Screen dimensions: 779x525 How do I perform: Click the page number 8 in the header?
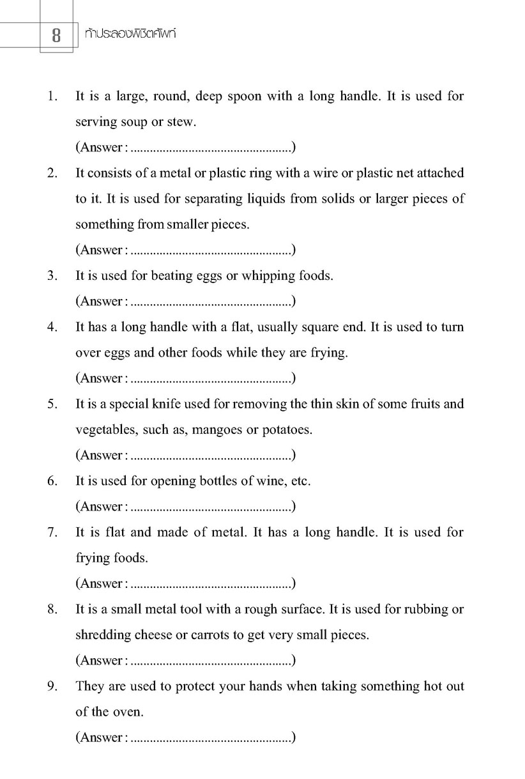click(56, 36)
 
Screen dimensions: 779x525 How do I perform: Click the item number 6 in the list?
click(52, 481)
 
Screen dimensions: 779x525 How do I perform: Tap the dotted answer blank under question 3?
click(211, 302)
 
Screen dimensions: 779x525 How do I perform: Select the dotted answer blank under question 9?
click(211, 738)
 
